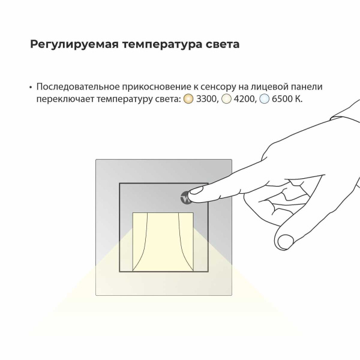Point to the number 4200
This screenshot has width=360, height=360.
click(x=244, y=99)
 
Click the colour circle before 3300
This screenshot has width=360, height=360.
click(x=187, y=99)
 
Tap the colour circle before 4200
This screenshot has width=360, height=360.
click(x=226, y=99)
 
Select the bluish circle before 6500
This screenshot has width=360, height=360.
click(x=264, y=99)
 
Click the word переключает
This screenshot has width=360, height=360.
click(x=64, y=99)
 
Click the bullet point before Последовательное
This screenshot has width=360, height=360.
click(x=30, y=86)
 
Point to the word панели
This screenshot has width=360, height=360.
click(x=314, y=86)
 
